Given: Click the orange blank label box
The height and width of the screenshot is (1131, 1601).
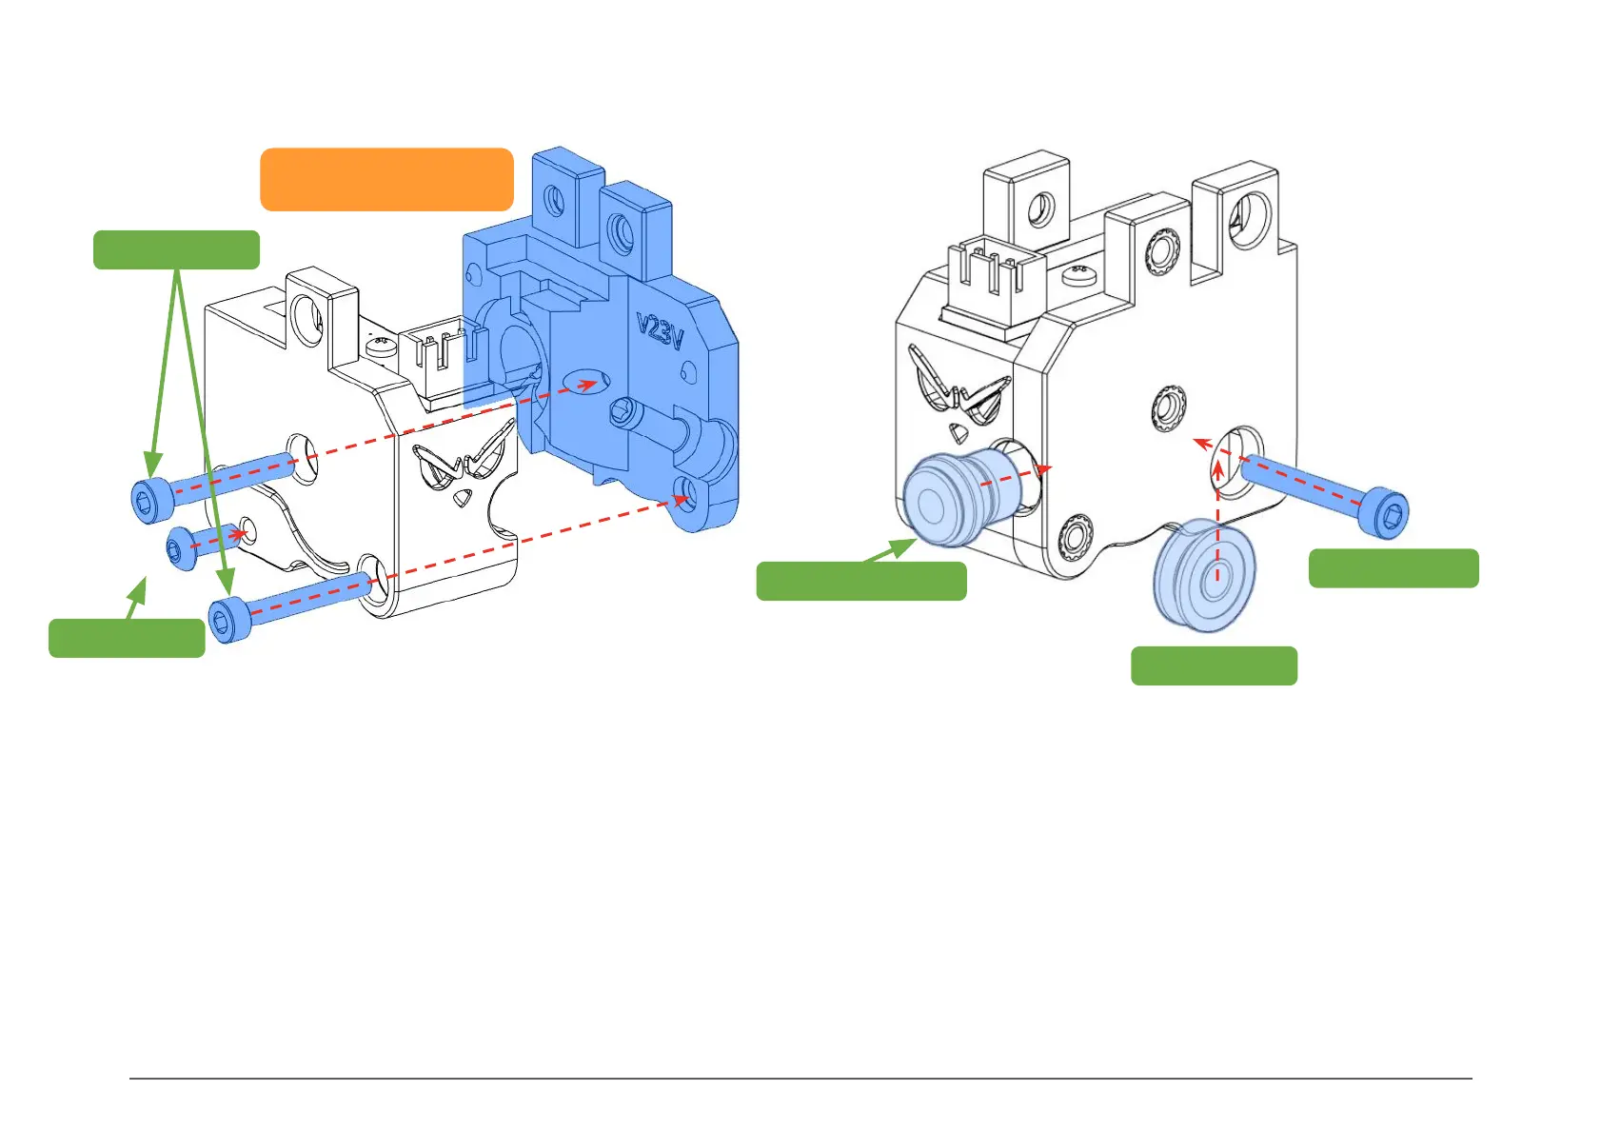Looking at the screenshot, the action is coord(386,179).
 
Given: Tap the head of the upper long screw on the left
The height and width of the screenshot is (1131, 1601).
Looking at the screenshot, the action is coord(149,500).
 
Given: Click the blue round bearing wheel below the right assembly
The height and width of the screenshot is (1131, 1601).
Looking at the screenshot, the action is coord(1204,575).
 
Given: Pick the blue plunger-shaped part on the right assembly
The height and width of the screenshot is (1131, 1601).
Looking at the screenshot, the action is coord(957,498).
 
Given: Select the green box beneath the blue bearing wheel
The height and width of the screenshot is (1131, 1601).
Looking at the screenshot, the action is coord(1214,665).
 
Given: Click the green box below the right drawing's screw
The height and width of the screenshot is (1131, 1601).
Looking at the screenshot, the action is coord(1393,568).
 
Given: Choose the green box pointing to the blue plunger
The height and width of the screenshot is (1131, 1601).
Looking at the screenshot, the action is coord(860,581).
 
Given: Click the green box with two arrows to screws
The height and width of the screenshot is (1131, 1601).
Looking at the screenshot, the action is coord(176,249).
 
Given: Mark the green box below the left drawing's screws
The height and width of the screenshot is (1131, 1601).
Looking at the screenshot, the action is coord(127,638).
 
